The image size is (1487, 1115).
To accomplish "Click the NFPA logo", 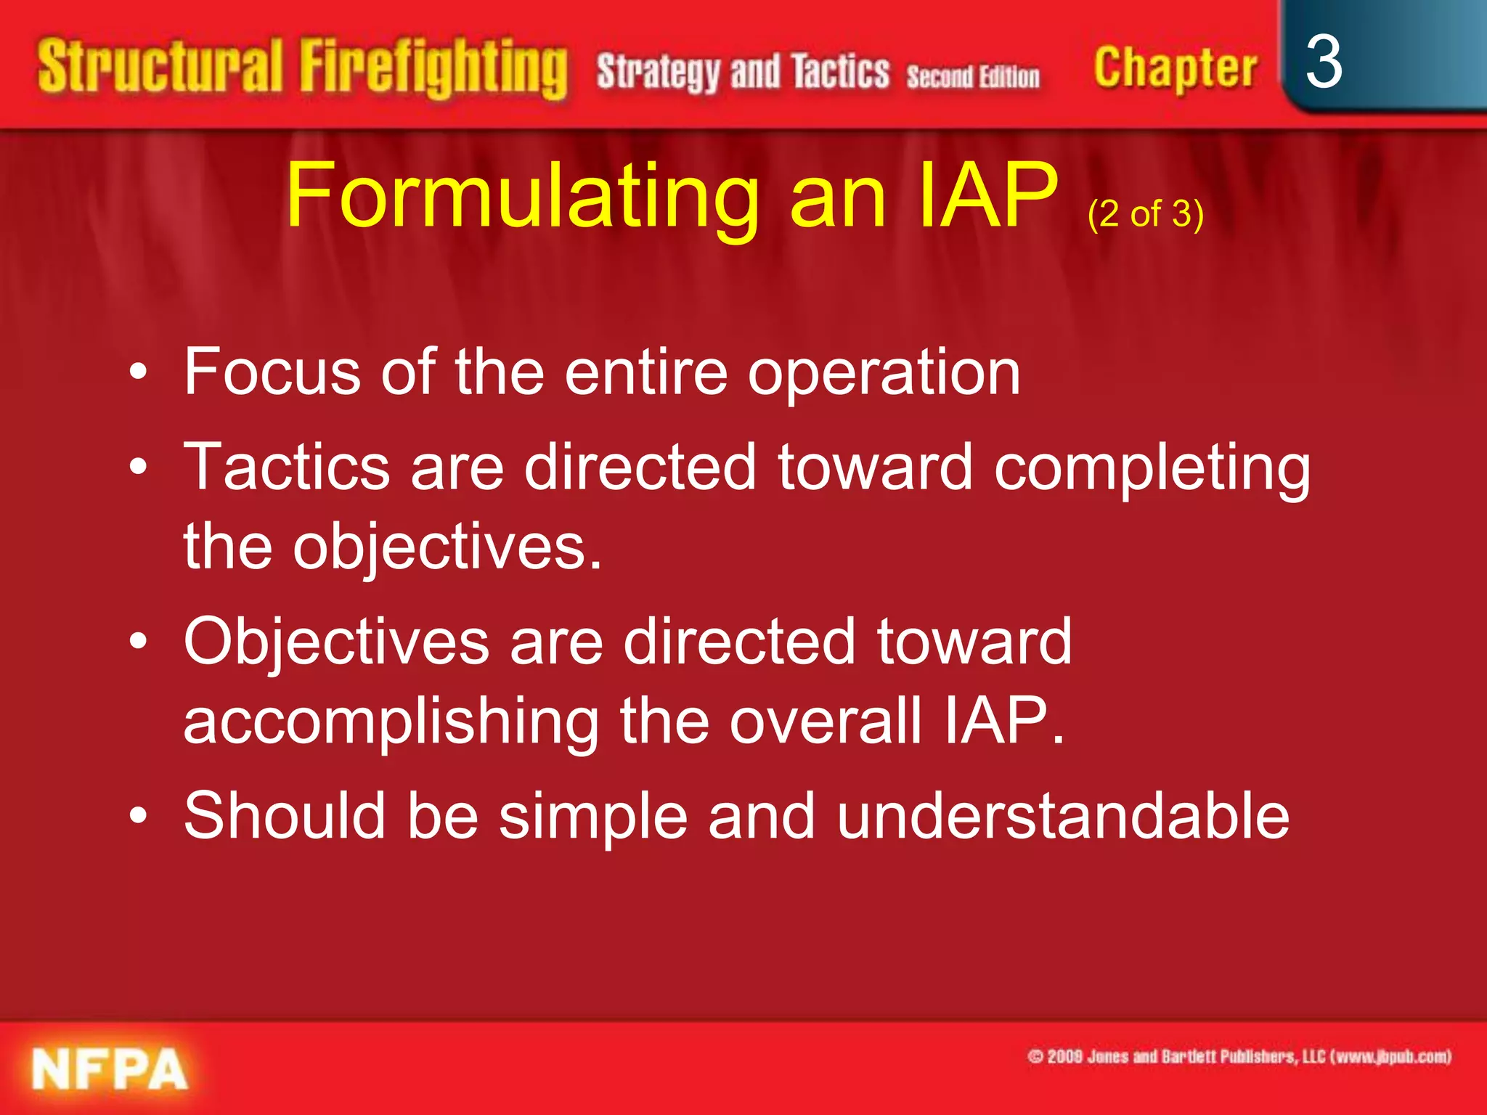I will tap(110, 1069).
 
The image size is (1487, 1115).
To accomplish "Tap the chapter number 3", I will tap(1323, 64).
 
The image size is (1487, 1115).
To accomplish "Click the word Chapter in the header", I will tap(1175, 69).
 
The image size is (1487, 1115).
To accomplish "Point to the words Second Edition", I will tap(973, 77).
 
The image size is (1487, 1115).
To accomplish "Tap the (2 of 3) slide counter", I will tap(1146, 214).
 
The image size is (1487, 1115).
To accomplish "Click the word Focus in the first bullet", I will tap(272, 372).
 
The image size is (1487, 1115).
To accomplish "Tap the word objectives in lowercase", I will tap(447, 549).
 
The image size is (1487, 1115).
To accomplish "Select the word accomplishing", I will tap(391, 722).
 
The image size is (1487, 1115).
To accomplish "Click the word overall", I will tap(826, 720).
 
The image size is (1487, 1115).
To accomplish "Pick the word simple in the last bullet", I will tap(592, 816).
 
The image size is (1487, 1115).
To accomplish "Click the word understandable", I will tap(1062, 816).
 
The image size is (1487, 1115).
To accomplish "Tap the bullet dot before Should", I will tap(138, 816).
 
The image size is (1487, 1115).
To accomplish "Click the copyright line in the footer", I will tap(1239, 1056).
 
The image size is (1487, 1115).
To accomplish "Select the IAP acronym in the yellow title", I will tap(987, 196).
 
